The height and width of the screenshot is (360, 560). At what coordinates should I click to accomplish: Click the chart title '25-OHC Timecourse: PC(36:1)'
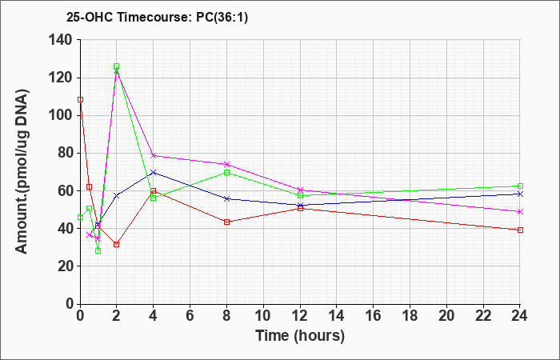click(157, 18)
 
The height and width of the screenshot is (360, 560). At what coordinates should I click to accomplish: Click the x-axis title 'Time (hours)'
click(300, 336)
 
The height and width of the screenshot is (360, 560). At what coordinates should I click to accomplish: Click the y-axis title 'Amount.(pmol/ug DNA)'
click(22, 171)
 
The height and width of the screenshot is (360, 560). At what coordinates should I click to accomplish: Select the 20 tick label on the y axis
click(67, 266)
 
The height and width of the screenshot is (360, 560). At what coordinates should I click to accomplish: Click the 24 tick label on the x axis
click(519, 316)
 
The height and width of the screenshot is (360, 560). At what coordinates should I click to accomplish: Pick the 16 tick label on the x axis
click(373, 316)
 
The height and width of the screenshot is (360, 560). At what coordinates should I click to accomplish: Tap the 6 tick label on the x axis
click(190, 316)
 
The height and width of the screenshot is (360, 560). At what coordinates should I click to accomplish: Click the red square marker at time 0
click(80, 100)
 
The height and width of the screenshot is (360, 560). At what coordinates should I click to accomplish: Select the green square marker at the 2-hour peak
click(117, 66)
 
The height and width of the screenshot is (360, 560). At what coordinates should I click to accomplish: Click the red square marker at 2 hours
click(117, 244)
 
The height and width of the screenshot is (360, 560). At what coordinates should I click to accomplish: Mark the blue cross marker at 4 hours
click(154, 173)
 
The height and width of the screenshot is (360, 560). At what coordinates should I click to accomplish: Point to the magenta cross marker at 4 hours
click(154, 155)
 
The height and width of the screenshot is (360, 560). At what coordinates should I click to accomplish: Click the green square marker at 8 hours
click(226, 173)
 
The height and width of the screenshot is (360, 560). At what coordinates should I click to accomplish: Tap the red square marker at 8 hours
click(226, 222)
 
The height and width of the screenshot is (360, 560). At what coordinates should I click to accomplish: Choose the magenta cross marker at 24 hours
click(520, 212)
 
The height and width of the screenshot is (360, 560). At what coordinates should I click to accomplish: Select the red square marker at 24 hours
click(520, 230)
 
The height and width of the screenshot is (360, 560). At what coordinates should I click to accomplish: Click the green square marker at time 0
click(80, 217)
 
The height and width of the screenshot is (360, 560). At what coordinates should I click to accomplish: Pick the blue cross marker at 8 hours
click(226, 198)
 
